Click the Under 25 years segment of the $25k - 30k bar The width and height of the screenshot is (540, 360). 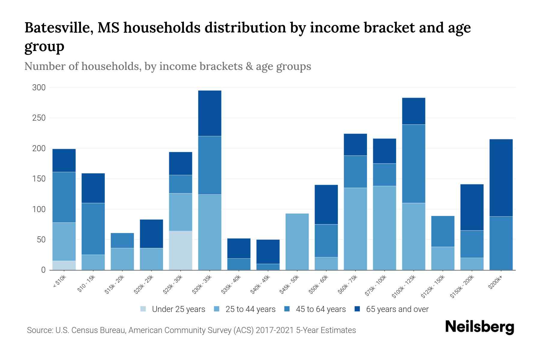(x=180, y=250)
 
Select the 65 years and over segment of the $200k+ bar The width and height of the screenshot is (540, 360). (x=501, y=178)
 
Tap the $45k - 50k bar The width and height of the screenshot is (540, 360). (x=297, y=241)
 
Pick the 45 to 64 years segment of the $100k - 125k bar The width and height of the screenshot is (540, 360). (x=413, y=163)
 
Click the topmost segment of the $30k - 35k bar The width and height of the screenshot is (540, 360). (x=209, y=113)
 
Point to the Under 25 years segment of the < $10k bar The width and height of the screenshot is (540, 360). (x=64, y=265)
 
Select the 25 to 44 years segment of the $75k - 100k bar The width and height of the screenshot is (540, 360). (x=384, y=228)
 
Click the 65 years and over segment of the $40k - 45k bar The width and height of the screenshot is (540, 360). (x=268, y=251)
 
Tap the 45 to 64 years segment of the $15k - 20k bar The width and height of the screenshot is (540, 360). (x=122, y=240)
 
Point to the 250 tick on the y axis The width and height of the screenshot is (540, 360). (x=39, y=118)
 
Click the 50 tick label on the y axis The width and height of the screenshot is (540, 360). (x=41, y=240)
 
